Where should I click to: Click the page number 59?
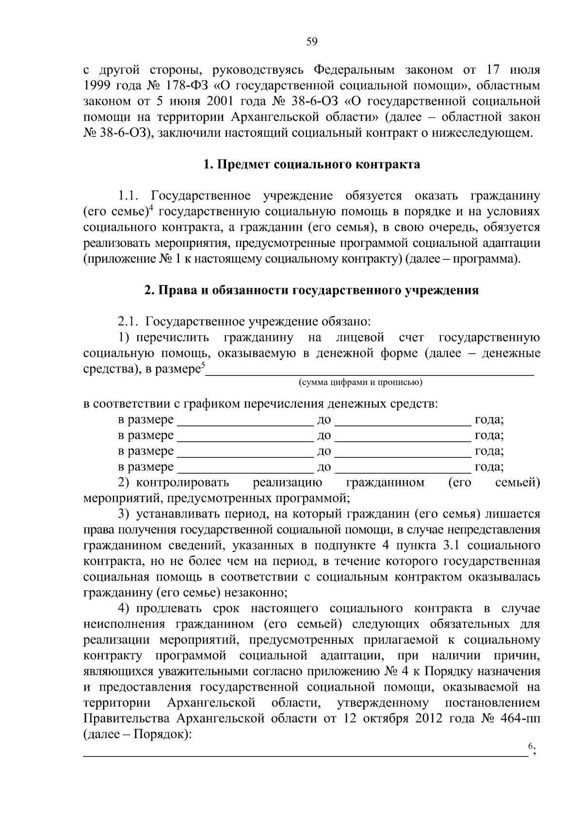(x=312, y=42)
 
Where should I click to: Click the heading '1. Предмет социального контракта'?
(x=311, y=165)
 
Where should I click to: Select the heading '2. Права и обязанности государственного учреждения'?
(x=311, y=290)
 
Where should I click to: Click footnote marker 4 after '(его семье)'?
(x=151, y=209)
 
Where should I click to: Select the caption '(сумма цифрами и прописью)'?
(x=360, y=383)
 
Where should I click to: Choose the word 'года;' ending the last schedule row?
(x=489, y=467)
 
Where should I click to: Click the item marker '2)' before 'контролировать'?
(x=124, y=483)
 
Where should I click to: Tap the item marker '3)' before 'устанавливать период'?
(x=124, y=514)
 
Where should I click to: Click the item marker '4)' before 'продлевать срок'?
(x=124, y=609)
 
